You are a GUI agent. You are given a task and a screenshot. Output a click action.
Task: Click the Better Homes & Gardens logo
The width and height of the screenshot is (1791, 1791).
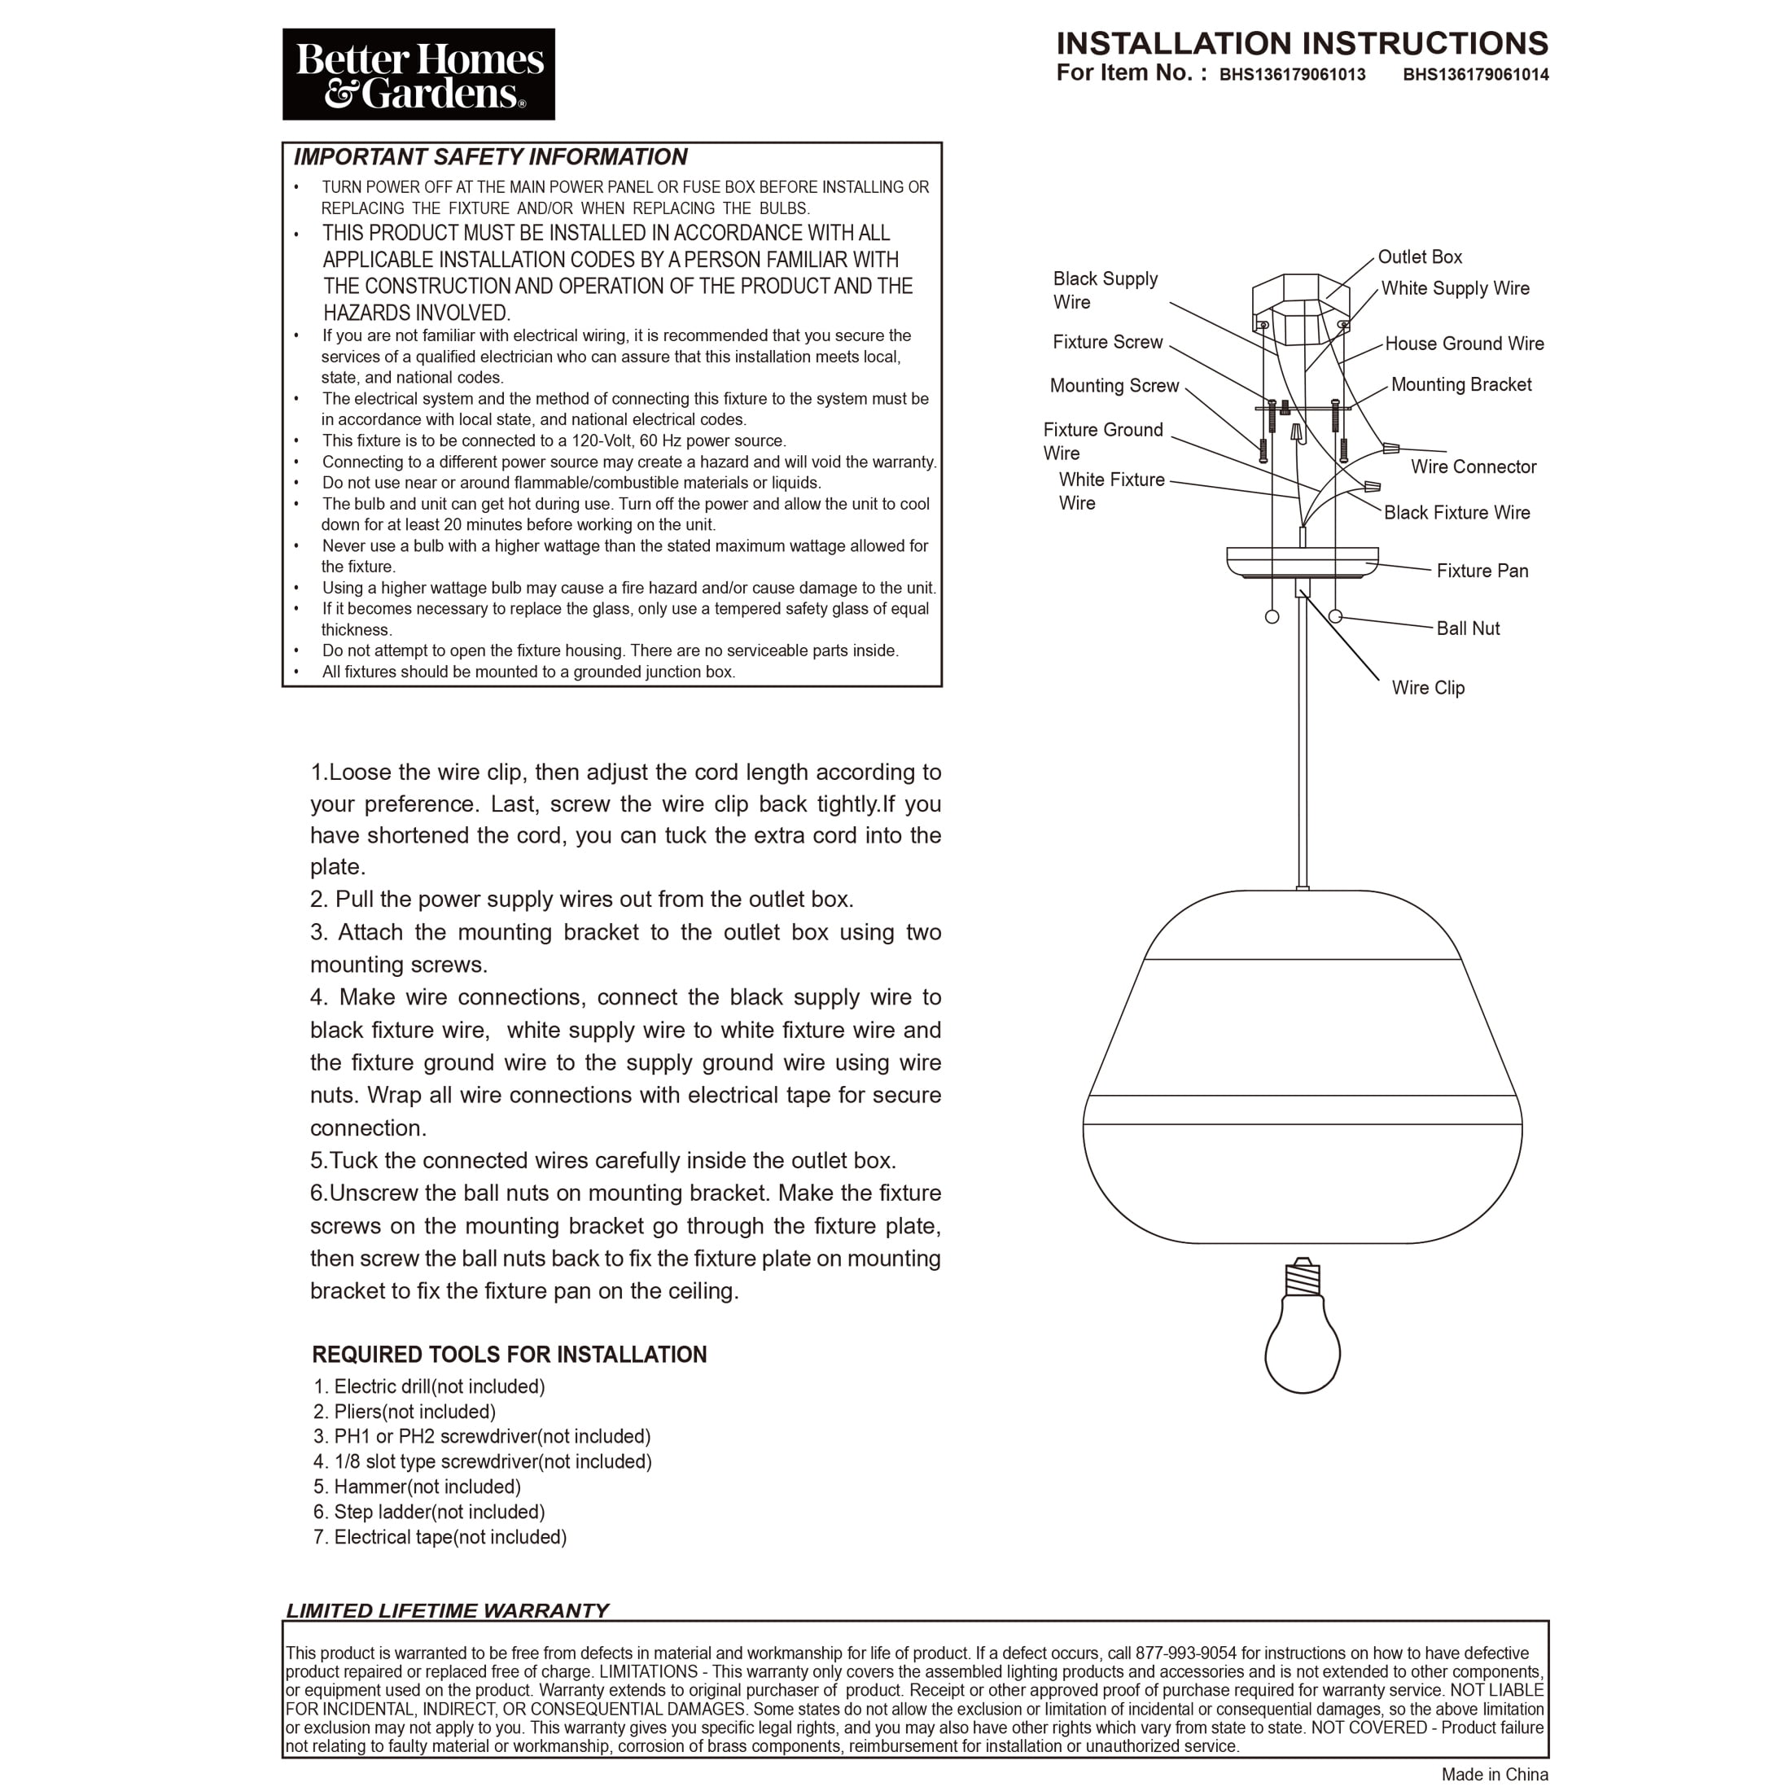coord(418,74)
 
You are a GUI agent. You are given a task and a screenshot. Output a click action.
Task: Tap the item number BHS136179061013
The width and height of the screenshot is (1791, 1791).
coord(1291,75)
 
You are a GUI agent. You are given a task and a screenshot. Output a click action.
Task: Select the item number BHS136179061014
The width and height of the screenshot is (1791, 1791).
coord(1475,75)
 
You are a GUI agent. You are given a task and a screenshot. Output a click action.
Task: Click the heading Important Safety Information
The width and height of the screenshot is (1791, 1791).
coord(490,156)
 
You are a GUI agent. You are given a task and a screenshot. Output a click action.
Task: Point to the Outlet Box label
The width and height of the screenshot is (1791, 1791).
coord(1419,256)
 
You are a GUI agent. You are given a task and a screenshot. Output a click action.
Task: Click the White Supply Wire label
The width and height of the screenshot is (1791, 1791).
coord(1455,288)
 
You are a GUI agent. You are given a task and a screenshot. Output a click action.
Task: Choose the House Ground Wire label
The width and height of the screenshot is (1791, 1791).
coord(1464,344)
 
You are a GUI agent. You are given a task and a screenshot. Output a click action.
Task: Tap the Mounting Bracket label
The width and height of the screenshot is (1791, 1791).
coord(1461,385)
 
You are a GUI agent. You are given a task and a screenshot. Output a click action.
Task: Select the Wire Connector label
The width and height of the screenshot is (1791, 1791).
coord(1473,467)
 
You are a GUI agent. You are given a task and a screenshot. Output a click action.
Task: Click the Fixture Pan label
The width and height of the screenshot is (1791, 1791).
coord(1482,571)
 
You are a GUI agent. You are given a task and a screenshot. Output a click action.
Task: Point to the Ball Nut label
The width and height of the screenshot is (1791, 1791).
coord(1468,628)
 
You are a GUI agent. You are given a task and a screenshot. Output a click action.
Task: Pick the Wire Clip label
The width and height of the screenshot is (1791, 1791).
coord(1428,688)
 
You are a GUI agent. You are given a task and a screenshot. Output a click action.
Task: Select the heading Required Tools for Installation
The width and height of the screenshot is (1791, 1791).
coord(509,1355)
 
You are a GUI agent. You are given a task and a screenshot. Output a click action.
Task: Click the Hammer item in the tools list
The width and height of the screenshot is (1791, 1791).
coord(417,1487)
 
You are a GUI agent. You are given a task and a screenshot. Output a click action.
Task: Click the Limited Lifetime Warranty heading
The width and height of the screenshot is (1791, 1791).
coord(447,1611)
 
